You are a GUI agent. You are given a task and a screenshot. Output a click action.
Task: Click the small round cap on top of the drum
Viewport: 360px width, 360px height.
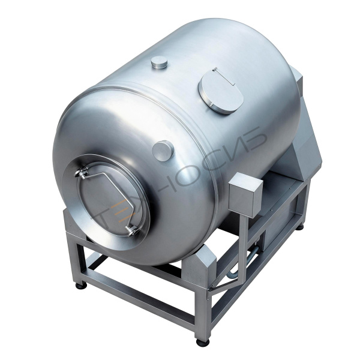[160, 62]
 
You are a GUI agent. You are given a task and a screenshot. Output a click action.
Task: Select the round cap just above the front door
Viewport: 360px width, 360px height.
[163, 151]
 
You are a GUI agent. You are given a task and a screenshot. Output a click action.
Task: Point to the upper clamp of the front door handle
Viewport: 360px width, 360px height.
[81, 173]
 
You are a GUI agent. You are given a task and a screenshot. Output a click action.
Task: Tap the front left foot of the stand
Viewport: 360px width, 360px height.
[82, 286]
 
